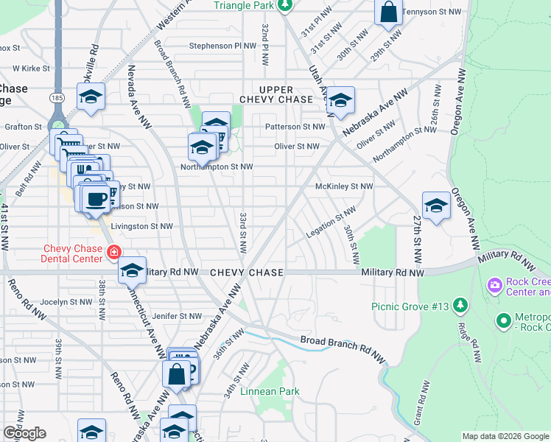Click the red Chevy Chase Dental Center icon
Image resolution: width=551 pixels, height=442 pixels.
[x=113, y=253]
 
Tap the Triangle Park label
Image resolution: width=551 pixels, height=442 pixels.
[x=243, y=6]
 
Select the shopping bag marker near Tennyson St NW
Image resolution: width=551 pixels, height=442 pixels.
[x=388, y=13]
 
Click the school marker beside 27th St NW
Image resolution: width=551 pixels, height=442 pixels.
[x=436, y=206]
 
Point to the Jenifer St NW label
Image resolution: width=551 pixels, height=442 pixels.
[x=176, y=316]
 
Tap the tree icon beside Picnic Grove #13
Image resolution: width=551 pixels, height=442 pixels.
[x=460, y=304]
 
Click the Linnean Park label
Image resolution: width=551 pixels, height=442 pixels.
[x=270, y=391]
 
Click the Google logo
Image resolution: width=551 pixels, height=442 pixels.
[x=24, y=433]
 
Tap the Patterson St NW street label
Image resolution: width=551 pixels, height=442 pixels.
[x=295, y=127]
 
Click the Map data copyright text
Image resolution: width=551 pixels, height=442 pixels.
[x=505, y=436]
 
